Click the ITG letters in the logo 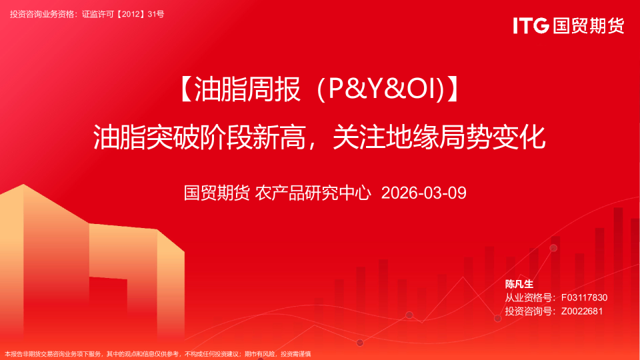[531, 26]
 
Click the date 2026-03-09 [423, 193]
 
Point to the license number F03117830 [584, 297]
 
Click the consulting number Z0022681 [582, 311]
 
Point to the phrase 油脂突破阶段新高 [199, 137]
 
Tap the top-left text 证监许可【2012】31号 [123, 14]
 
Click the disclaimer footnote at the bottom [158, 354]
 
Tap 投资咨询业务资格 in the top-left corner [43, 14]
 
